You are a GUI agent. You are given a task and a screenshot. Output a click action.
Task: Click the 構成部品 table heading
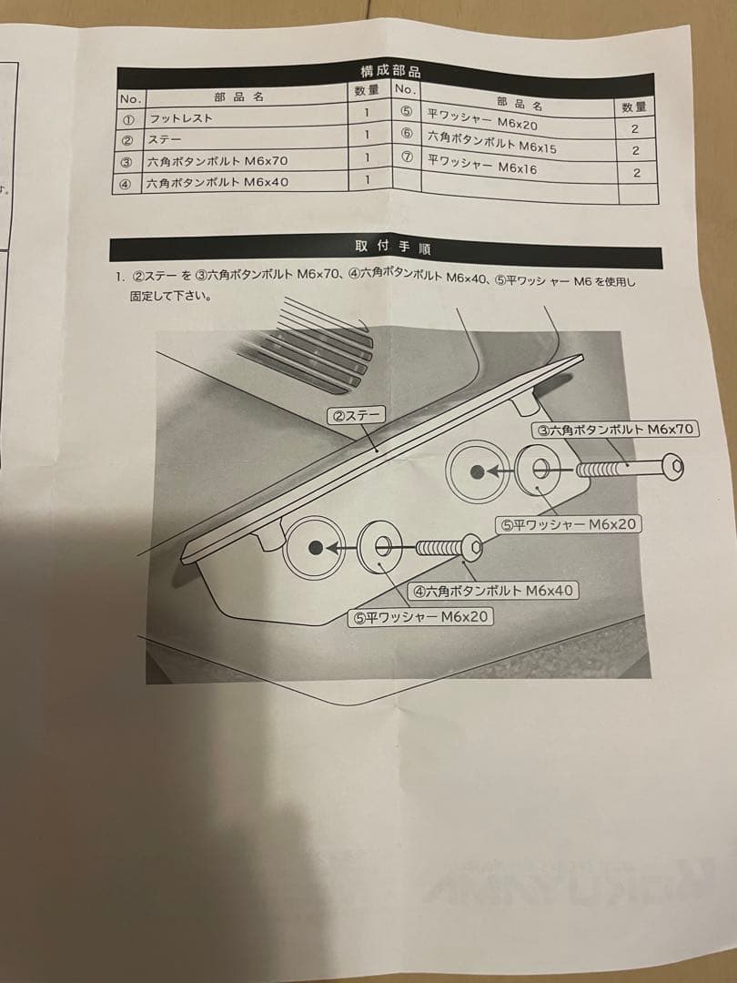pos(390,71)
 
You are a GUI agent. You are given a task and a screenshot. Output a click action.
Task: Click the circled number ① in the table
pos(128,118)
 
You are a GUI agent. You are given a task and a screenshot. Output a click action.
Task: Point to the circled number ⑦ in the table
pos(408,157)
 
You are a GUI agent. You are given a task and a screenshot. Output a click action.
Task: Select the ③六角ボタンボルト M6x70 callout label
pos(616,430)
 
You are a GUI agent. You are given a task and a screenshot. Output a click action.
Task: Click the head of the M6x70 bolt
pos(675,469)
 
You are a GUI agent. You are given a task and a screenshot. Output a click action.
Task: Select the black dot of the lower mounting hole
pos(315,547)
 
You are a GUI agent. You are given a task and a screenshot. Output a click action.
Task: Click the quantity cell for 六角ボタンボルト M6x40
pos(368,179)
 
